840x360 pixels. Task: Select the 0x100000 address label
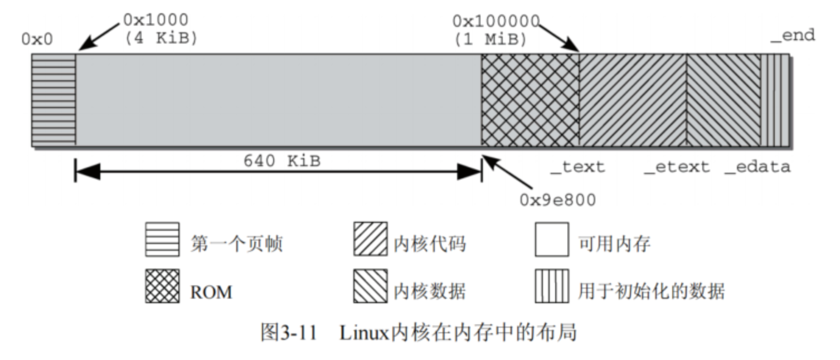click(x=496, y=21)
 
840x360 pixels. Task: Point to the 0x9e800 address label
click(x=557, y=200)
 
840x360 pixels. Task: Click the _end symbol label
click(x=793, y=36)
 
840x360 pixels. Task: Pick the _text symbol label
click(x=577, y=167)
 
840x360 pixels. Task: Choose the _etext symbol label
click(x=677, y=167)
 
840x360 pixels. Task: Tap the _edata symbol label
click(x=757, y=167)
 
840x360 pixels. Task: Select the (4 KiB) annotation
click(x=161, y=39)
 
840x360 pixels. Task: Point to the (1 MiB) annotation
click(x=490, y=40)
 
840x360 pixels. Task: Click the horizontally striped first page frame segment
click(x=54, y=100)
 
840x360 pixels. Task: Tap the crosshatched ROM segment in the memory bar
click(x=530, y=100)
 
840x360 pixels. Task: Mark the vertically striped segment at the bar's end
click(x=775, y=100)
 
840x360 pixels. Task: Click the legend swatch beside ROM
click(x=162, y=286)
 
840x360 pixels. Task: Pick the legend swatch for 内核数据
click(x=370, y=286)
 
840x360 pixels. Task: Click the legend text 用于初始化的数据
click(x=651, y=291)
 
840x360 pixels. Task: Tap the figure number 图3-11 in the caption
click(x=288, y=333)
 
